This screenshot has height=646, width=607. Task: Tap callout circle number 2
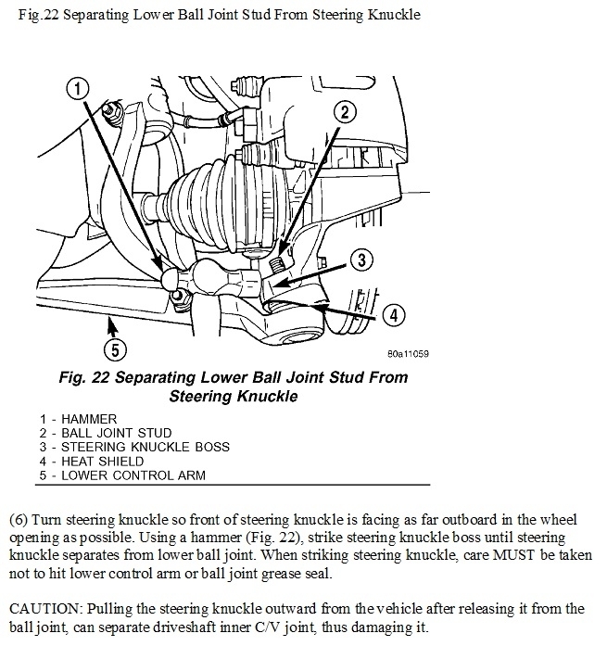click(x=344, y=113)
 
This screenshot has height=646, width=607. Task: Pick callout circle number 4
click(x=392, y=315)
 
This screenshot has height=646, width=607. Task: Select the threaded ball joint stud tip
click(x=275, y=266)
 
